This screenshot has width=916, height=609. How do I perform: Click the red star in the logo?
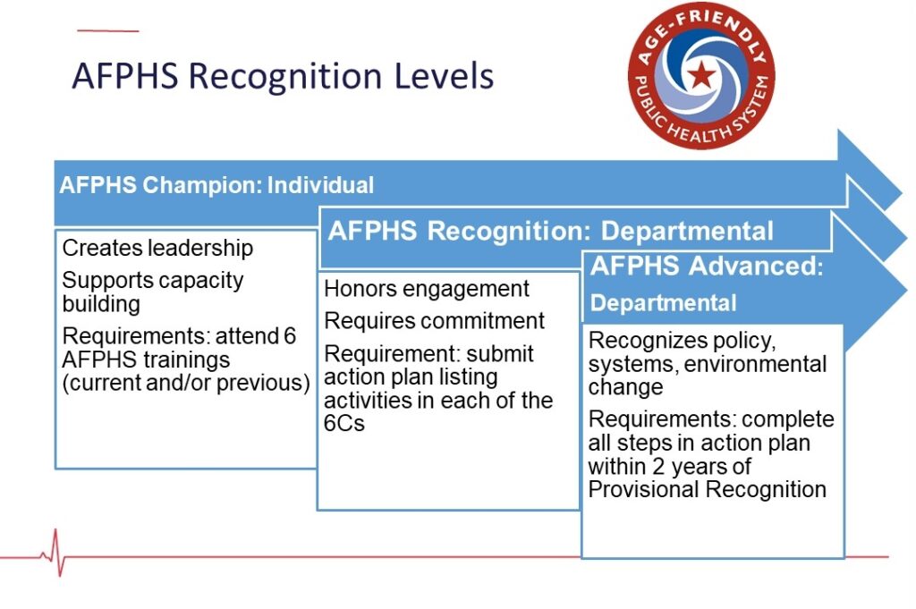click(701, 74)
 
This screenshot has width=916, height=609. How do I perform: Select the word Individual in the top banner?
click(320, 185)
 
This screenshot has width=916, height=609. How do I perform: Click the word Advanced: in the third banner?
click(756, 266)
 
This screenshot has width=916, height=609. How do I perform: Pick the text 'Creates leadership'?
click(157, 248)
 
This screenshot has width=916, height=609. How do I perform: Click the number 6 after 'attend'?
click(290, 335)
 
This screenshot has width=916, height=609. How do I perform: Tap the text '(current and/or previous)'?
click(186, 383)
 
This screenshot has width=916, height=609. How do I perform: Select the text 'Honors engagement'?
click(427, 289)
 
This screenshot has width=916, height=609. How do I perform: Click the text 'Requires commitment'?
click(434, 320)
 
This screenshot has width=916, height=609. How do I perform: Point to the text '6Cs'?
click(344, 423)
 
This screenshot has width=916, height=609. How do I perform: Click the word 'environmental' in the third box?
click(755, 364)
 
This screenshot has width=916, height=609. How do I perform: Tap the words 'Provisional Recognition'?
click(707, 489)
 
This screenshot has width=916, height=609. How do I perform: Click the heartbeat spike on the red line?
click(56, 553)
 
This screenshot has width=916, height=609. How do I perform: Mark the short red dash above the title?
click(108, 30)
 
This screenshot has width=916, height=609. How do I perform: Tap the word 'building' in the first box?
click(101, 304)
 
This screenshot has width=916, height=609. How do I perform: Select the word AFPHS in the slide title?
click(125, 76)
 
